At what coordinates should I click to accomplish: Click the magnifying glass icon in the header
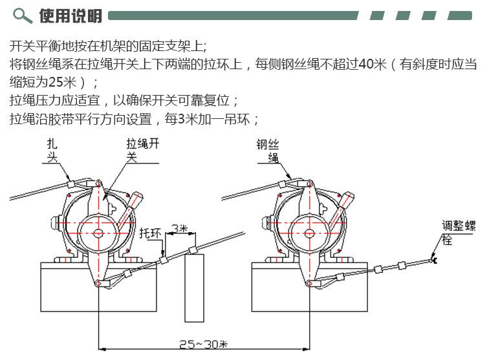tap(22, 16)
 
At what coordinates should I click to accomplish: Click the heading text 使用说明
tap(70, 16)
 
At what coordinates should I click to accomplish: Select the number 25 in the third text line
tap(56, 82)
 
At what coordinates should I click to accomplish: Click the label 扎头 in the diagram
tap(52, 151)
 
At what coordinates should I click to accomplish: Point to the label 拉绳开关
tap(142, 151)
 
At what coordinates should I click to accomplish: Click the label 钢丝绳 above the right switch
tap(268, 151)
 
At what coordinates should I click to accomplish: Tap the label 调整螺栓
tap(458, 233)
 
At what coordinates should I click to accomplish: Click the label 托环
tap(150, 233)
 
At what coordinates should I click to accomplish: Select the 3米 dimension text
tap(179, 229)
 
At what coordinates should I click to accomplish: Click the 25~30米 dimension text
tap(204, 344)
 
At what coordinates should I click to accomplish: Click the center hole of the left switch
tap(98, 233)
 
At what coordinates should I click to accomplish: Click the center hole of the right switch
tap(309, 233)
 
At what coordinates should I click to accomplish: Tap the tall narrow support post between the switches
tap(194, 288)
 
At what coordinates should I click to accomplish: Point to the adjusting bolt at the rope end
tap(434, 260)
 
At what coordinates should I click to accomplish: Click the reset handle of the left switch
tap(130, 210)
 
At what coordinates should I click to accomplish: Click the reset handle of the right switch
tap(341, 211)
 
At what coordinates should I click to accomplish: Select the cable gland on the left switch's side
tap(58, 223)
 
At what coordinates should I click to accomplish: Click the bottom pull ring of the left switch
tap(98, 282)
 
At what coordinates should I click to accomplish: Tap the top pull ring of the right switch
tap(309, 184)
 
